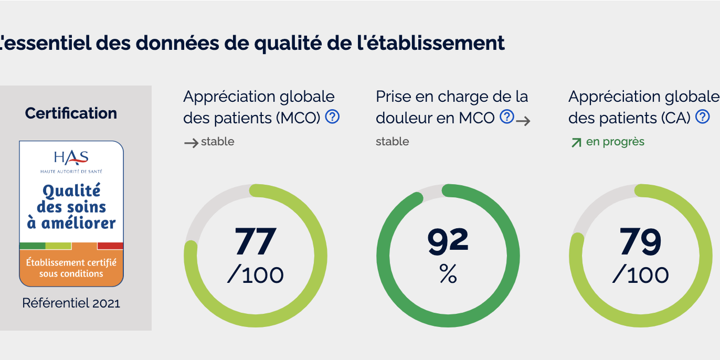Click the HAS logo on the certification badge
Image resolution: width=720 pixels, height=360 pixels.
pos(71,157)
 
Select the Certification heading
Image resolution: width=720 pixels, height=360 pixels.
pos(71,113)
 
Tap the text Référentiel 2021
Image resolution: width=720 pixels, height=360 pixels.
pos(71,303)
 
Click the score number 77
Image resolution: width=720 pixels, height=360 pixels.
pos(255,241)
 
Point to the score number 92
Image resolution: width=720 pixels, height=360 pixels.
pos(448,240)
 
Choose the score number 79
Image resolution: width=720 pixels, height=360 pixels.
pos(640,241)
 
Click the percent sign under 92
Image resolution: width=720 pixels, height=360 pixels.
pos(448,273)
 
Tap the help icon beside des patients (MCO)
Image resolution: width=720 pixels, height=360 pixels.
pos(332,117)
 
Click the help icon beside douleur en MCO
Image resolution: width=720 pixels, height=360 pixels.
pos(506,117)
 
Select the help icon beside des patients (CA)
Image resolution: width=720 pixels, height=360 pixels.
pos(702,117)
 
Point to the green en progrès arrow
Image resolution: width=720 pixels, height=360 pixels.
pos(576,142)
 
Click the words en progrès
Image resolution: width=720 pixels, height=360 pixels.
pos(615,142)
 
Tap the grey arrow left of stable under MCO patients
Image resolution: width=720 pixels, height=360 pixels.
pos(191,142)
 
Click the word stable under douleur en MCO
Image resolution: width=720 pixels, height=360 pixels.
pos(392,142)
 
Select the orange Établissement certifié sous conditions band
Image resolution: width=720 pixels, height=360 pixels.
pos(71,268)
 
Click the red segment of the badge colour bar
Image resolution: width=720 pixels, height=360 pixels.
pos(110,246)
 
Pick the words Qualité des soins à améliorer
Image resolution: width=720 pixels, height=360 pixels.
pos(71,207)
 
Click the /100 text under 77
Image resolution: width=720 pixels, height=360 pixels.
pos(255,274)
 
